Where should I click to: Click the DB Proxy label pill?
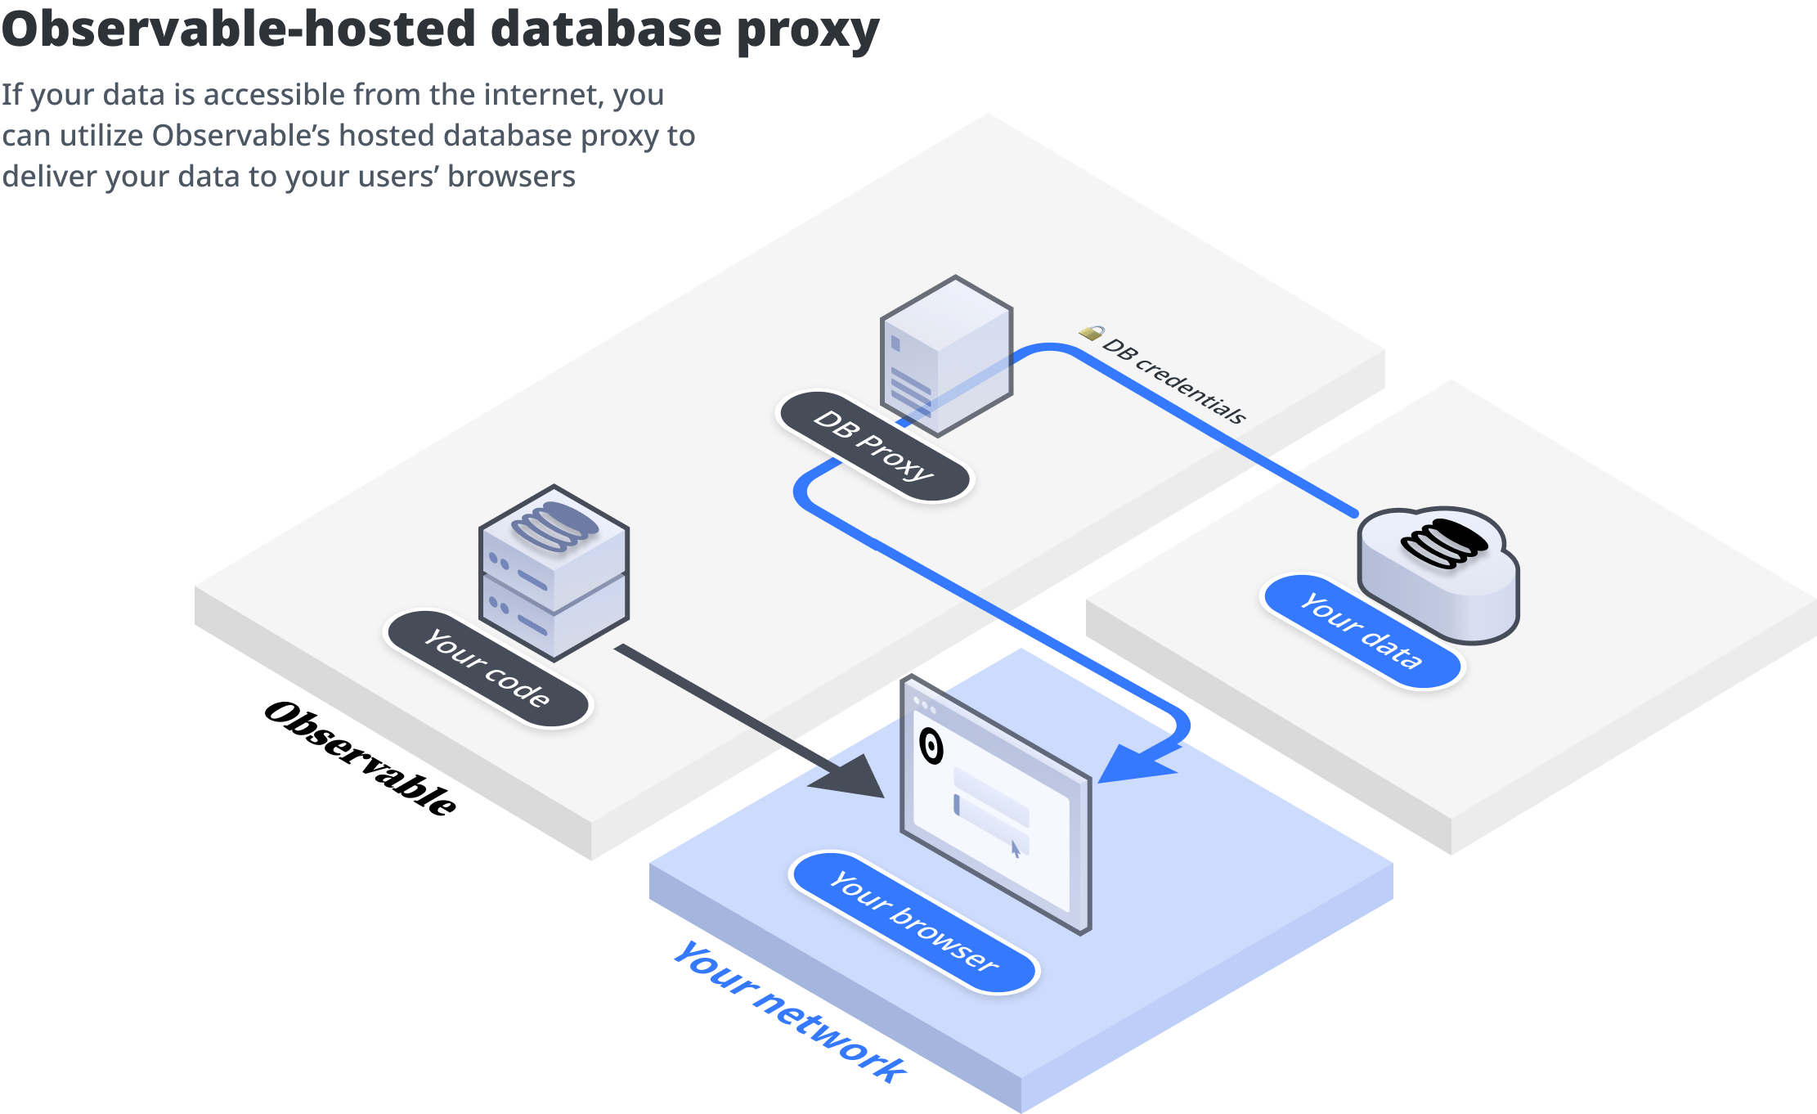pyautogui.click(x=873, y=446)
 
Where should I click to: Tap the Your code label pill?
pyautogui.click(x=487, y=668)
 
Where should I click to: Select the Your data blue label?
pyautogui.click(x=1362, y=631)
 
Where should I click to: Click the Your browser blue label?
pyautogui.click(x=913, y=922)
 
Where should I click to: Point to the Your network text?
pyautogui.click(x=789, y=1011)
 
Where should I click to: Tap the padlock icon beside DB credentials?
pyautogui.click(x=1091, y=332)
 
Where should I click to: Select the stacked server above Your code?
pyautogui.click(x=554, y=573)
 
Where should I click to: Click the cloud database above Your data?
pyautogui.click(x=1439, y=577)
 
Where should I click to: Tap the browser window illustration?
pyautogui.click(x=995, y=806)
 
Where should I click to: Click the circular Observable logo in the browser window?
pyautogui.click(x=931, y=745)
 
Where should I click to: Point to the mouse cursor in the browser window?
pyautogui.click(x=1016, y=849)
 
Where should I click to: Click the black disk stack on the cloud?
pyautogui.click(x=1444, y=543)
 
